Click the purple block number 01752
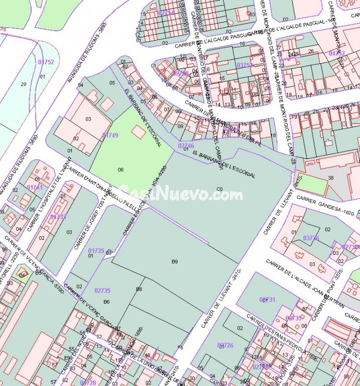(x=46, y=62)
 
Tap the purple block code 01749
(x=110, y=135)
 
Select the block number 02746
(x=186, y=145)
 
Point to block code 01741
(x=35, y=187)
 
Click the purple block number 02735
(x=102, y=291)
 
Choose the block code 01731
(x=268, y=300)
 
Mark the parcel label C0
(x=219, y=189)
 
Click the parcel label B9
(x=175, y=262)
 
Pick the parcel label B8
(x=139, y=289)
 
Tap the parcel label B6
(x=106, y=302)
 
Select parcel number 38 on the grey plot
(x=330, y=178)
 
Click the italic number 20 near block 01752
(x=24, y=84)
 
